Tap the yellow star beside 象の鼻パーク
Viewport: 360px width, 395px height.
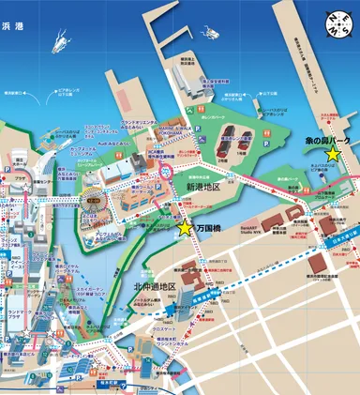click(x=331, y=156)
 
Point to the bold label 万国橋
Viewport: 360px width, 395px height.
click(x=210, y=228)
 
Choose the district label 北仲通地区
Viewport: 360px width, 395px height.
click(x=155, y=260)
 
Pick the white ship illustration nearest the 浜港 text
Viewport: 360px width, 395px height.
click(x=61, y=40)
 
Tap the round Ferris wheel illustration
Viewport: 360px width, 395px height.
click(x=95, y=201)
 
